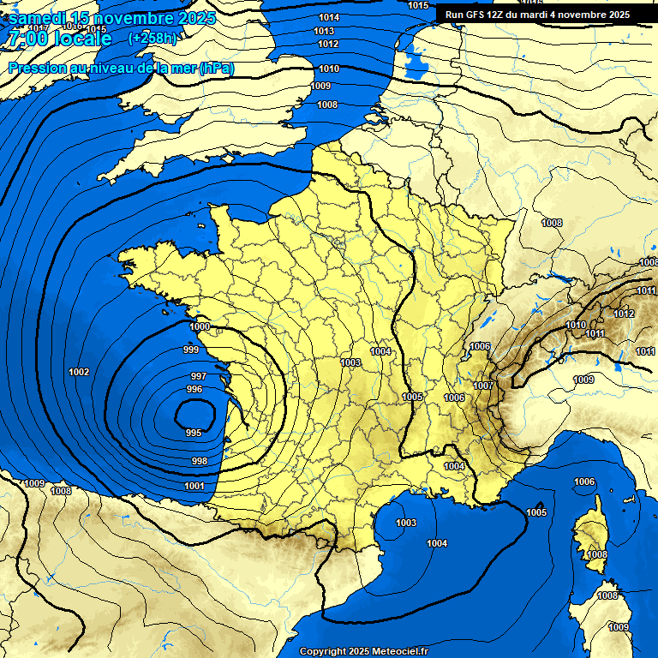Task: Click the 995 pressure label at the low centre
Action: [x=194, y=433]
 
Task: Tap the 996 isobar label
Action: [x=194, y=389]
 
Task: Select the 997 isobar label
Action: [x=198, y=376]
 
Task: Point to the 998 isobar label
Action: [x=199, y=461]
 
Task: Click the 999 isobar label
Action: [x=192, y=350]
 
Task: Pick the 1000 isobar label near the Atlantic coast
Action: [x=200, y=326]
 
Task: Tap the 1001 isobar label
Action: [x=194, y=486]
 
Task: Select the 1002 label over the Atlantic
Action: [x=79, y=372]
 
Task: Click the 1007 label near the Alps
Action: [x=483, y=386]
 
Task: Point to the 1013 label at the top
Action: [x=324, y=31]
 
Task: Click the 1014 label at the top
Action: [x=328, y=17]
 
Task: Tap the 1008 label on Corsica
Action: [x=597, y=554]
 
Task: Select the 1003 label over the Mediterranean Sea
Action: [x=406, y=523]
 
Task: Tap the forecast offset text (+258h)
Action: [x=153, y=38]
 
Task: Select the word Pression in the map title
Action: [x=34, y=68]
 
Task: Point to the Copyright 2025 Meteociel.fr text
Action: [x=363, y=651]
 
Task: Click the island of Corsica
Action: [x=591, y=535]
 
